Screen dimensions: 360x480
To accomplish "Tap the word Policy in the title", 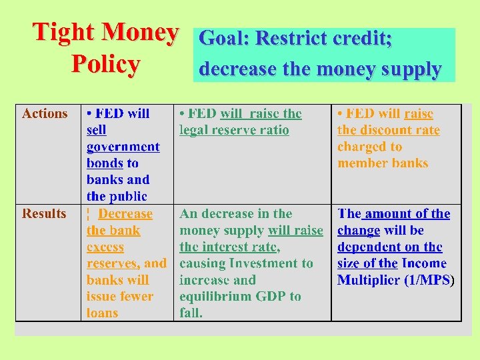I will [x=105, y=65].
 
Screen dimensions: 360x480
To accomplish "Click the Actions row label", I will [x=45, y=113].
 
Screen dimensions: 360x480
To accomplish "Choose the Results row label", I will [x=44, y=213].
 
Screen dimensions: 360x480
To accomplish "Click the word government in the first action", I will [x=123, y=147].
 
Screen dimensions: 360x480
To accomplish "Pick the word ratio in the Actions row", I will [x=275, y=130].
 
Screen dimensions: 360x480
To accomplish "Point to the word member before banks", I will [x=361, y=163].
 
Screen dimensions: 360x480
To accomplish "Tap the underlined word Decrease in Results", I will [x=125, y=214].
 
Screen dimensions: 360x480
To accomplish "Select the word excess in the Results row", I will [x=105, y=247].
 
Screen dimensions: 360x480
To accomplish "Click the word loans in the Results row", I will [x=102, y=313].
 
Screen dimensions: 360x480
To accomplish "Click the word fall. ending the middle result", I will [x=191, y=313].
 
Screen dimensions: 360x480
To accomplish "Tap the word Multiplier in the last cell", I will [x=369, y=280].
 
